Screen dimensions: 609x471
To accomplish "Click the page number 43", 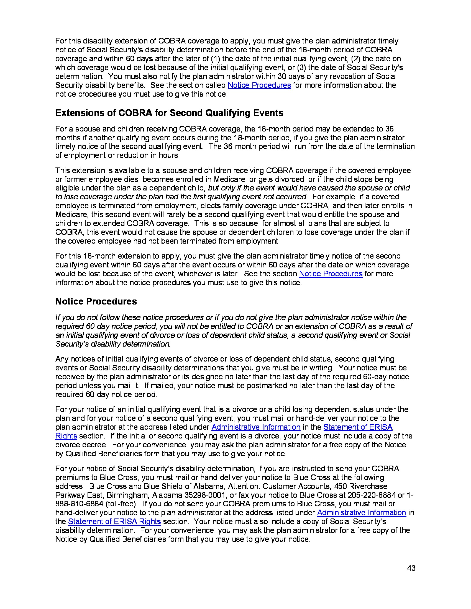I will click(411, 568).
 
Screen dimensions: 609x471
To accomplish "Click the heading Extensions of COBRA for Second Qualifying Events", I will click(169, 113).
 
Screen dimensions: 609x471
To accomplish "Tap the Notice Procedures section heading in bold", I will click(96, 301).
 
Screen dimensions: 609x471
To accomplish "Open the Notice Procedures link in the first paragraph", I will click(259, 85).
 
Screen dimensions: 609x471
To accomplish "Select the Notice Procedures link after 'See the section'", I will click(330, 274).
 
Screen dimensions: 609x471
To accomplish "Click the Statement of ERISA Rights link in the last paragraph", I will click(114, 522).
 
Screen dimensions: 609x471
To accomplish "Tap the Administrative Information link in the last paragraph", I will click(361, 513).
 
